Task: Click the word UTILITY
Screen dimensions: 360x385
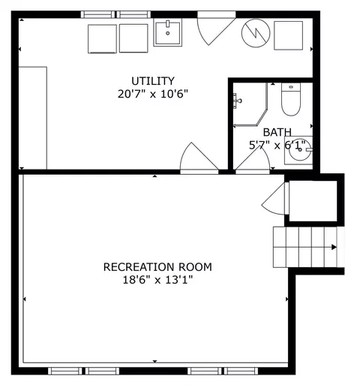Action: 153,81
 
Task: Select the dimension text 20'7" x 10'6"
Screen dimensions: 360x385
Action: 153,95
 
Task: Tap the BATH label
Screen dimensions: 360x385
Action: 277,132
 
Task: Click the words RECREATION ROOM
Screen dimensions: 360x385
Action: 157,267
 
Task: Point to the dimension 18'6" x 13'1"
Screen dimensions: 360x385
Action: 158,280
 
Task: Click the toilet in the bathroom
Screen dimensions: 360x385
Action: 291,99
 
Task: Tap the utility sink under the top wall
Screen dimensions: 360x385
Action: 168,33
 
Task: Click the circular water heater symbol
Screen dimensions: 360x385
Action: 256,33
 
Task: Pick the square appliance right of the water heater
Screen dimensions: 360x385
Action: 289,35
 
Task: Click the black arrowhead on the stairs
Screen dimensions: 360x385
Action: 334,247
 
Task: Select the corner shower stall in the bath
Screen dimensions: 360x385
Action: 250,104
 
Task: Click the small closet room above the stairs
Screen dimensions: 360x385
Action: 313,201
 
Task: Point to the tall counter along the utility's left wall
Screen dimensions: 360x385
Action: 33,118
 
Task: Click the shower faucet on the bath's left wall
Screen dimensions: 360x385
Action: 237,101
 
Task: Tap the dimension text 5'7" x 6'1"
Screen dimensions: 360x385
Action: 277,145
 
